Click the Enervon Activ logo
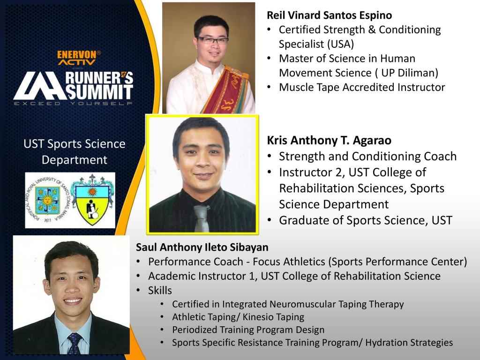click(78, 58)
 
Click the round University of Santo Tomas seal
click(47, 200)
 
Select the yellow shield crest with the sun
click(92, 200)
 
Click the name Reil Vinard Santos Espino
click(330, 15)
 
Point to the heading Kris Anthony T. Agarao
click(329, 140)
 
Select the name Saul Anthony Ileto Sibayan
click(202, 247)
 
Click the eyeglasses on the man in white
click(212, 40)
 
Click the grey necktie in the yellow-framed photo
click(202, 218)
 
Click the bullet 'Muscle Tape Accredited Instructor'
click(362, 87)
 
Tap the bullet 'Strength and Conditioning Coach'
click(367, 156)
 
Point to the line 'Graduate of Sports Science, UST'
click(366, 220)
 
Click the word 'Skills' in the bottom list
click(160, 290)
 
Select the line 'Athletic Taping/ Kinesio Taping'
click(238, 317)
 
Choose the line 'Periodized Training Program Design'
click(248, 330)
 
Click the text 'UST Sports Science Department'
click(75, 152)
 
